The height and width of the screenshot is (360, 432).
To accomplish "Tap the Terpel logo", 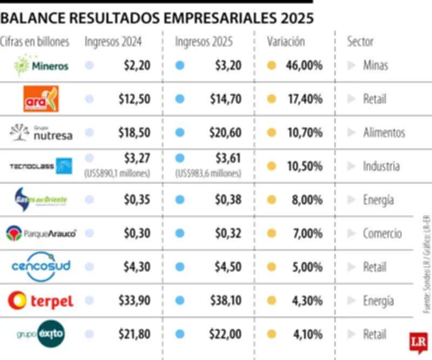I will click(41, 301).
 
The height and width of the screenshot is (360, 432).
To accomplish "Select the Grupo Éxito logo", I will click(42, 335).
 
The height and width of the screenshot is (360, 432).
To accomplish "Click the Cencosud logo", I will click(41, 267).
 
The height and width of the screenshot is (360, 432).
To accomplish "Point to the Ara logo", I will click(41, 99).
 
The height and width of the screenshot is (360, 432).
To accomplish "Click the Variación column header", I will click(286, 42).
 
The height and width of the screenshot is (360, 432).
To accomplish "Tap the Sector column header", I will click(360, 42).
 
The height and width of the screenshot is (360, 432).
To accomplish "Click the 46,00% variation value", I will click(305, 66).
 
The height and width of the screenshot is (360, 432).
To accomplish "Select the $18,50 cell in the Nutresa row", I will click(134, 132).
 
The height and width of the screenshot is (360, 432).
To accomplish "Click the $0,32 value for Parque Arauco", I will click(228, 234).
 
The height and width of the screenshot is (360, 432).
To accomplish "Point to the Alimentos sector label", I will click(384, 132).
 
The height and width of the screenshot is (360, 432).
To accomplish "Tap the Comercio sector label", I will click(382, 234).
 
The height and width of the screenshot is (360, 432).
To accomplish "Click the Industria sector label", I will click(381, 166).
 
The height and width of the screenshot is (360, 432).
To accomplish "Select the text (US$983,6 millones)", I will click(208, 174).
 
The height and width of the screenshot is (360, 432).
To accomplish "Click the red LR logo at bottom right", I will click(418, 342).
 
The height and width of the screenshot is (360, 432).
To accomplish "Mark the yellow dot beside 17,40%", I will click(272, 99).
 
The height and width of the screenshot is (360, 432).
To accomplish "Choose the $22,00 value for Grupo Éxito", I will click(227, 335).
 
